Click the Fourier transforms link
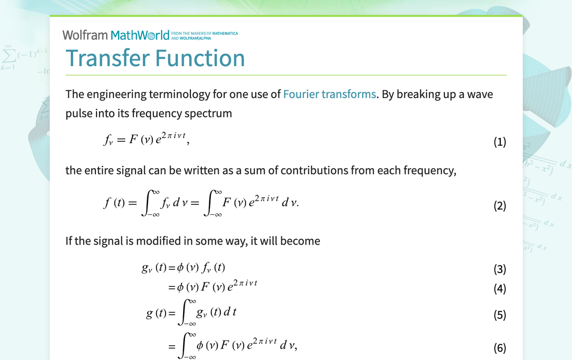coord(329,94)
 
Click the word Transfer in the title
coord(108,58)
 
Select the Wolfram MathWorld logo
coord(116,35)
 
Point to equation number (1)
coord(500,142)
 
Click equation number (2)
coord(500,206)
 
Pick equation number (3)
coord(500,269)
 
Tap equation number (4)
coord(500,288)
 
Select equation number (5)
coord(500,315)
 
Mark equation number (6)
coord(500,348)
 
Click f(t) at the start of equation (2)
coord(114,202)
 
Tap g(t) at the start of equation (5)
coord(156,313)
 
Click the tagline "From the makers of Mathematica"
coord(204,33)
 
